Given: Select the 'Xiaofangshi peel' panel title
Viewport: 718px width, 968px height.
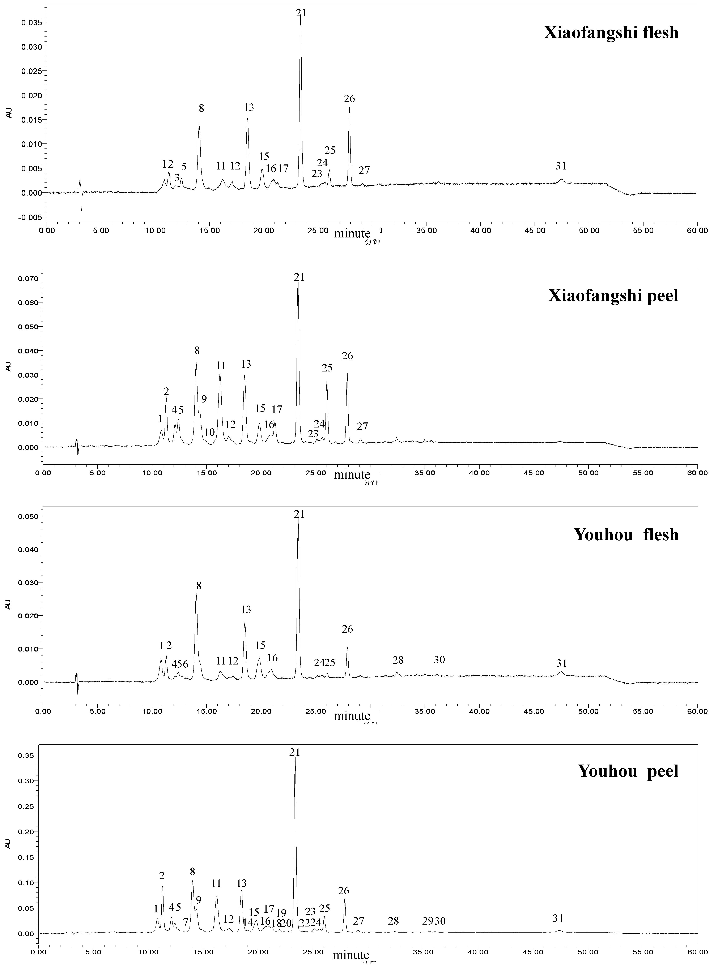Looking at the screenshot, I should pos(613,296).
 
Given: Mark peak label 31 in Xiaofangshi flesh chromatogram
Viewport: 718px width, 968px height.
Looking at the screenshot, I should pos(561,166).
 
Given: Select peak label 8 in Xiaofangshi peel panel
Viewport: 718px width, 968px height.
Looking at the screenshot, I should pos(197,350).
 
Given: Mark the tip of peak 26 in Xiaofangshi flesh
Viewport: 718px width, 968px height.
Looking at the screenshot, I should pos(349,108).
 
